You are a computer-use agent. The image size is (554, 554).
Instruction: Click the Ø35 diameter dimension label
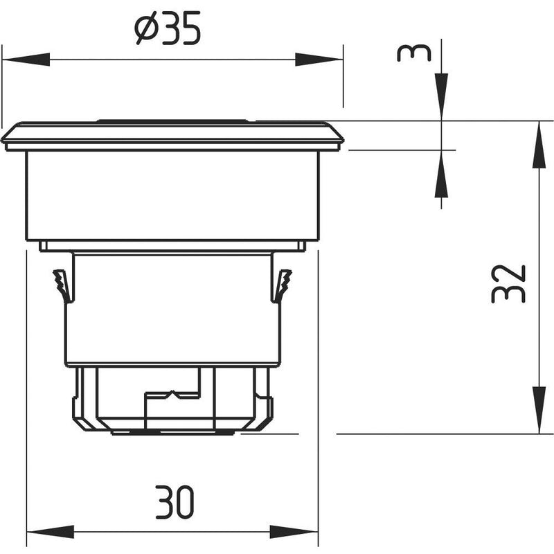point(168,28)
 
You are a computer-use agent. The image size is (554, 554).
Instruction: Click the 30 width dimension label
point(175,501)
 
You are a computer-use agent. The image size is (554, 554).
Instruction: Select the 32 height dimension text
point(508,284)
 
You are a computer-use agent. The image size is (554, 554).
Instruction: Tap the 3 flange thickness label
point(414,53)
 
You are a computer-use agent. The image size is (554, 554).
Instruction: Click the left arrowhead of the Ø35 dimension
point(26,60)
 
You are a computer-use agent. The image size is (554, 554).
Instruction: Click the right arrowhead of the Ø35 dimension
point(319,60)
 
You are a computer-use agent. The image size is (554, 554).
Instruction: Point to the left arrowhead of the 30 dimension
point(51,532)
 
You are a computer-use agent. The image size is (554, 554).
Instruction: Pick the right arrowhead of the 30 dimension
point(294,532)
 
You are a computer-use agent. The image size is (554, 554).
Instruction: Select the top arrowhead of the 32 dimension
point(539,144)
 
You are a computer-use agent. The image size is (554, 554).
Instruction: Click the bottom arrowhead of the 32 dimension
point(539,410)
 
